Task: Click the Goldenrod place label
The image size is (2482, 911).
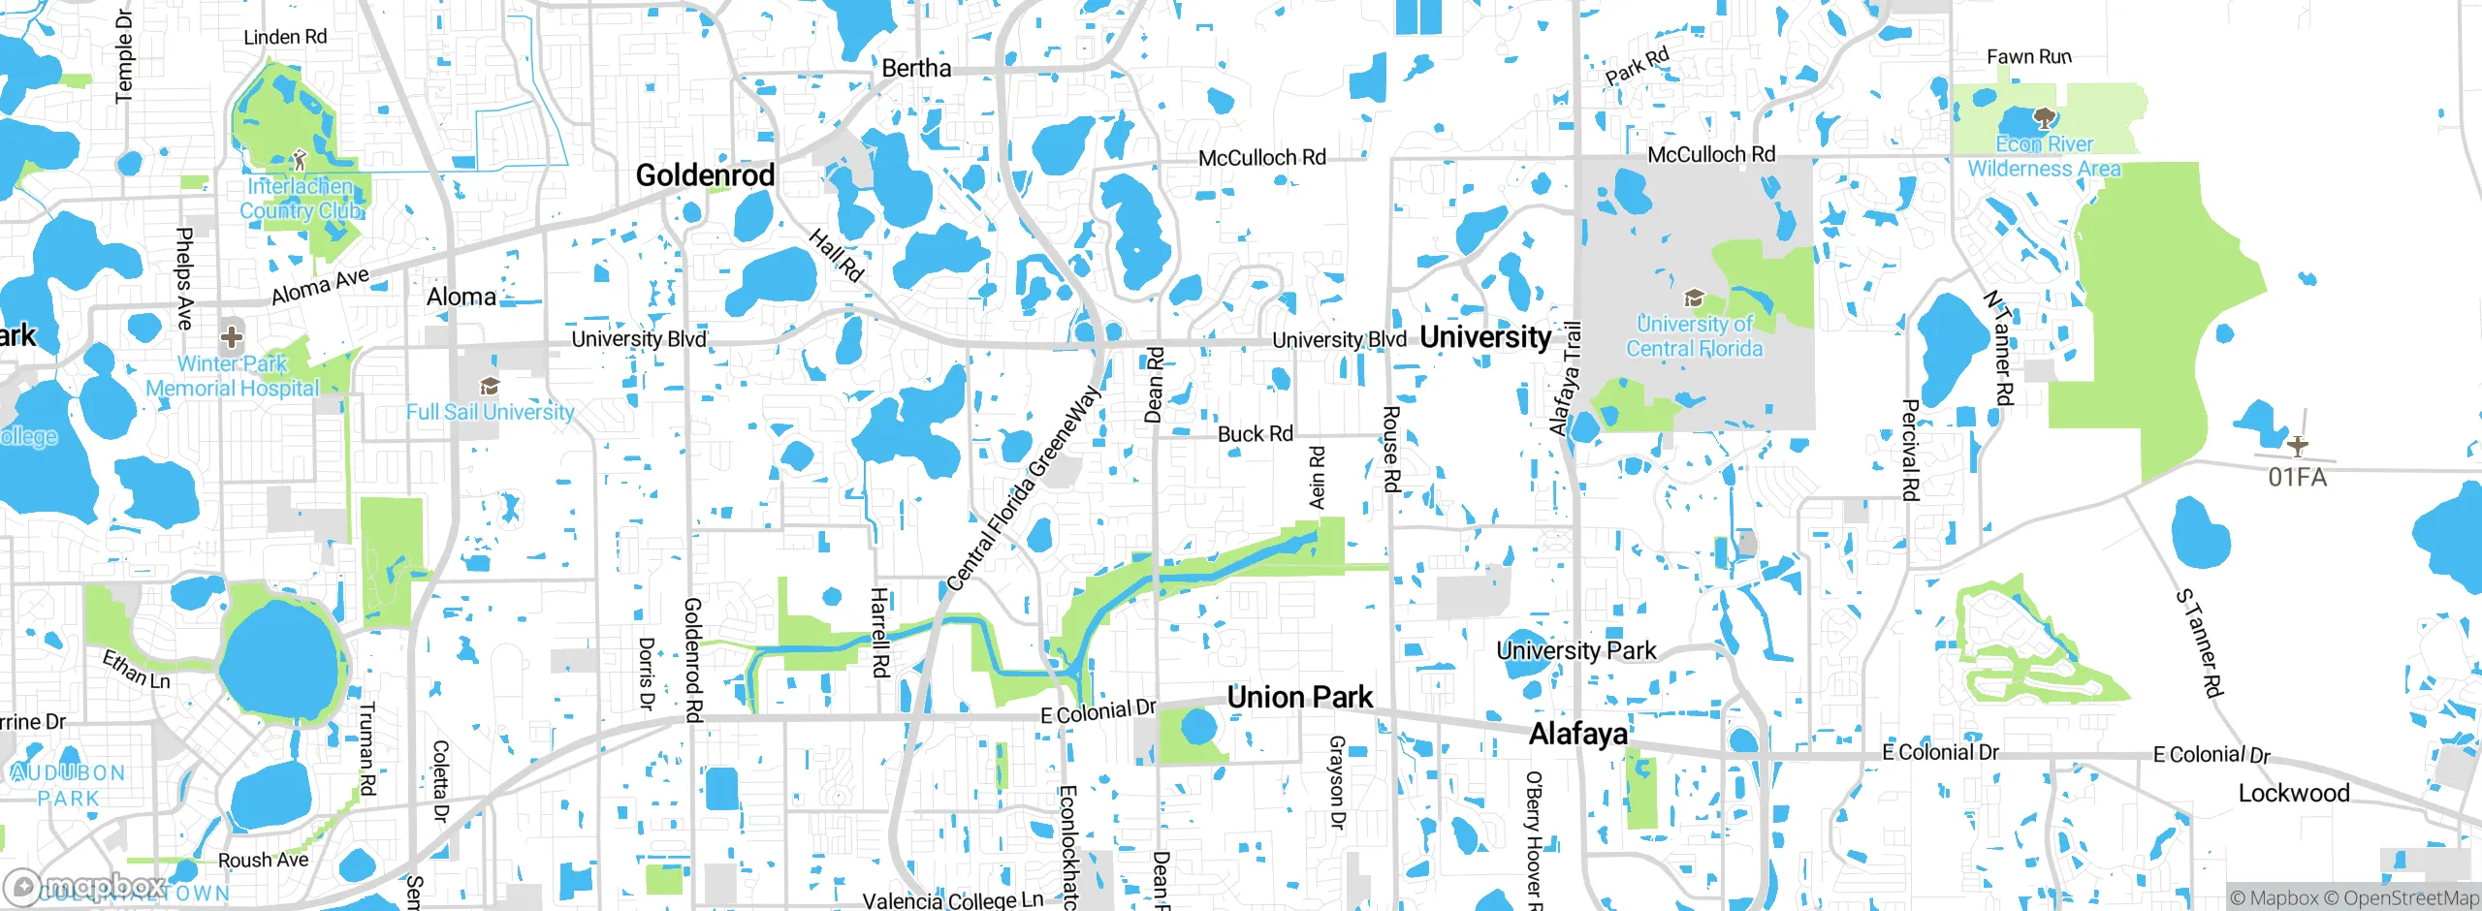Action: click(705, 175)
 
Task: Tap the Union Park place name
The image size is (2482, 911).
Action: click(1299, 697)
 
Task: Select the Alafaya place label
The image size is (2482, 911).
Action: click(1577, 734)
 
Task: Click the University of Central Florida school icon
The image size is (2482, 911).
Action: click(1694, 298)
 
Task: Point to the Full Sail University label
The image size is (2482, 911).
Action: click(491, 412)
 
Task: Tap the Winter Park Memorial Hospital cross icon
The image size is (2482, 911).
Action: click(231, 337)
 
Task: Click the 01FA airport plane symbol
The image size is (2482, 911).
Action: click(2297, 446)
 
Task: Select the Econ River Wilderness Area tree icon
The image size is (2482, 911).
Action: click(2044, 120)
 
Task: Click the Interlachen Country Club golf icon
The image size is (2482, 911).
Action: click(300, 159)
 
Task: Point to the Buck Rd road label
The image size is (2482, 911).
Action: click(1255, 434)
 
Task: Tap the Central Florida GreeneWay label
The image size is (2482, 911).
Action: click(1024, 487)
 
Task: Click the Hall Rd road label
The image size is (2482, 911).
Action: click(836, 255)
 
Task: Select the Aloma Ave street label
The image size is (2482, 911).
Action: click(320, 286)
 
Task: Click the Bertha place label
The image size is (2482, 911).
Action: click(916, 69)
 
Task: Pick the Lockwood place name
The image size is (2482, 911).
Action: click(2294, 793)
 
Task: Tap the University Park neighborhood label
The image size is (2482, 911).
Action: click(1576, 650)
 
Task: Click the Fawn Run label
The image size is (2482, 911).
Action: click(2028, 57)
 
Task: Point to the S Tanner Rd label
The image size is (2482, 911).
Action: click(2200, 643)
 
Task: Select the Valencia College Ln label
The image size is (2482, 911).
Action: click(952, 900)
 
